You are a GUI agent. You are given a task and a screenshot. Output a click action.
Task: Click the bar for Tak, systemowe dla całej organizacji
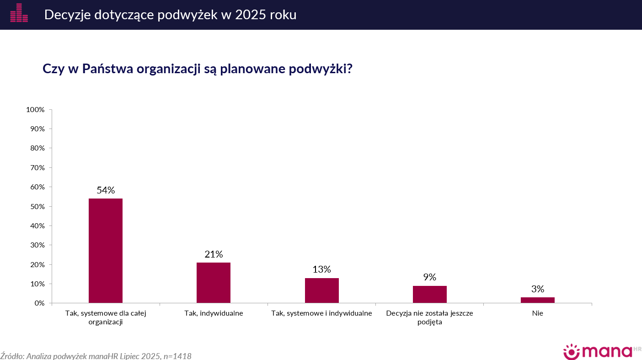coord(106,251)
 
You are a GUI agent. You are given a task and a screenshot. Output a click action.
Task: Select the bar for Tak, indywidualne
coord(214,283)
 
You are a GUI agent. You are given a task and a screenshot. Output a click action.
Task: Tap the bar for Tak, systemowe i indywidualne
coord(321,290)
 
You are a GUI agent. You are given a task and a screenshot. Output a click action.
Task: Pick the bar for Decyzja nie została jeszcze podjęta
coord(430,295)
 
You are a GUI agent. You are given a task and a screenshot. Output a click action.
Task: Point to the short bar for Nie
coord(538,300)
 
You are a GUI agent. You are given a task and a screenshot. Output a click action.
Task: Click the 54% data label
coord(106,190)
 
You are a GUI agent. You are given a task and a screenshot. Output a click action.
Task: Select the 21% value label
coord(214,254)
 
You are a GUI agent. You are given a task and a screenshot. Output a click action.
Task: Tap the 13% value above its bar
coord(321,269)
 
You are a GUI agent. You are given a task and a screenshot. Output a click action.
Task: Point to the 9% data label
coord(430,277)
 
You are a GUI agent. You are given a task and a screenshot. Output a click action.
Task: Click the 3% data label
coord(538,289)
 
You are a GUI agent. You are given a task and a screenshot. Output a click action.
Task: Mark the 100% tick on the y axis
coord(35,109)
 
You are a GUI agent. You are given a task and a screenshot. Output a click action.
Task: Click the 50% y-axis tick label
coord(37,206)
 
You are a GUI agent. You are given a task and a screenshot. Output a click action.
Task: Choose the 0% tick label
coord(39,303)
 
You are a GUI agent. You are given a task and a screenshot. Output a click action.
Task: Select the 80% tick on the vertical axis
coord(37,148)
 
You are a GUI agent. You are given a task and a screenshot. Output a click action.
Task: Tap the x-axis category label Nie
coord(538,313)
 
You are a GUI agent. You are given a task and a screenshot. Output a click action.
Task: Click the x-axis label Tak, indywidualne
coord(214,313)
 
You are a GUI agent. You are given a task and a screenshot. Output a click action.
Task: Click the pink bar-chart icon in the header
coord(19,13)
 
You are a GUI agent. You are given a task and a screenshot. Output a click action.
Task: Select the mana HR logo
coord(602,352)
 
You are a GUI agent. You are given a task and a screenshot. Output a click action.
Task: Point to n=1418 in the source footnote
coord(177,356)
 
